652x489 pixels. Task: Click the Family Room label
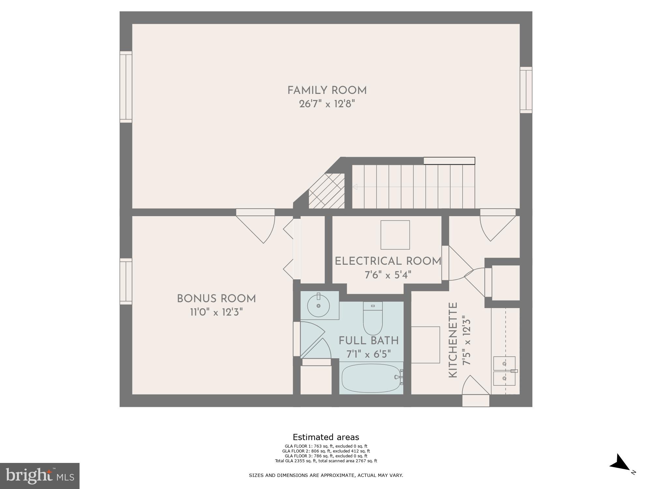(x=327, y=91)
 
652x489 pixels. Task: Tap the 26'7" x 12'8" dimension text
(x=327, y=104)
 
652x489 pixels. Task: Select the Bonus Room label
(x=216, y=299)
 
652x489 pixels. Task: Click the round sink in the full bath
(x=319, y=305)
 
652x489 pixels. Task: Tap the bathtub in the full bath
(x=371, y=378)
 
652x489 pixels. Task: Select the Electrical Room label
(x=388, y=261)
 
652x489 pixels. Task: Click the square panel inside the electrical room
(x=395, y=235)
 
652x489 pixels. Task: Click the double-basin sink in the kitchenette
(x=504, y=371)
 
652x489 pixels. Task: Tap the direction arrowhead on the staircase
(x=355, y=187)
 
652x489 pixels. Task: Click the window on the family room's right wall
(x=526, y=90)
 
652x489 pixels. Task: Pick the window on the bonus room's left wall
(x=126, y=281)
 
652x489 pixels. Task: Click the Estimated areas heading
(x=326, y=437)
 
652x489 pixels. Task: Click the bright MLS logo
(x=39, y=476)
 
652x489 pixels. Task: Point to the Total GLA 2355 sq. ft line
(x=326, y=461)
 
